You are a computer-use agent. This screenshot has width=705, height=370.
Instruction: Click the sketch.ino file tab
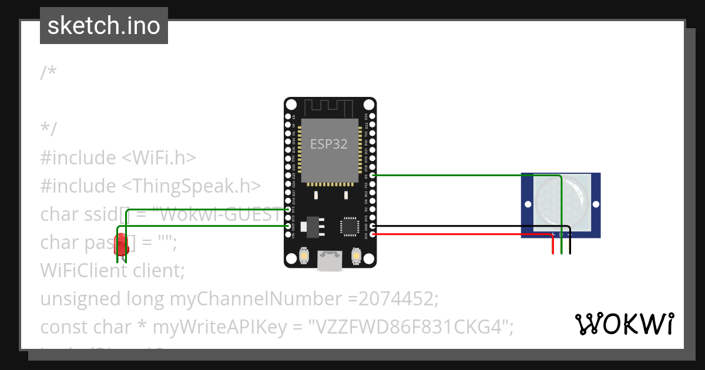103,26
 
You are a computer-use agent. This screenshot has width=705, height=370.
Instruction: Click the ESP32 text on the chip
329,144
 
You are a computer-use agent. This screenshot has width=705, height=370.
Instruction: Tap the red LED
121,243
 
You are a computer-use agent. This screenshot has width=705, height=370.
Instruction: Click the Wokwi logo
624,324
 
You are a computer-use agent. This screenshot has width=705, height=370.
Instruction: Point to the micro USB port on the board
330,260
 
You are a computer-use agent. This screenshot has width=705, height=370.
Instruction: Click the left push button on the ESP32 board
304,255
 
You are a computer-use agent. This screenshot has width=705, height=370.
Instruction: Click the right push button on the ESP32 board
355,255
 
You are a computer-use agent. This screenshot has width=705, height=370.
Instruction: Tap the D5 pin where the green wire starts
372,175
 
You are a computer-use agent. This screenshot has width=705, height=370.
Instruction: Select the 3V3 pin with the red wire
372,234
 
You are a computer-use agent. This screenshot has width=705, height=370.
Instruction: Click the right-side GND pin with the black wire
372,226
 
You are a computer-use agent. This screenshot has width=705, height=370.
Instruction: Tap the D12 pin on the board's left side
288,209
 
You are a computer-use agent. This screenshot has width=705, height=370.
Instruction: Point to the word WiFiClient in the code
76,271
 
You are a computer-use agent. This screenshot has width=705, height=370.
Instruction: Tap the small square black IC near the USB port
349,226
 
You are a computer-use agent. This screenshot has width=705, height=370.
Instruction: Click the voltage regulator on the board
311,226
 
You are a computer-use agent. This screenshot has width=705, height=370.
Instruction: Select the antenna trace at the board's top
329,107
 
